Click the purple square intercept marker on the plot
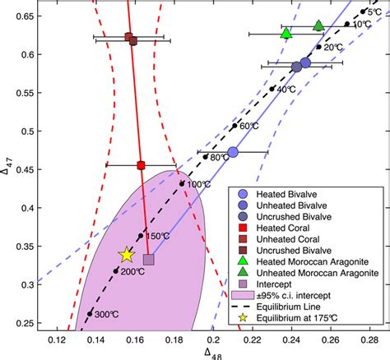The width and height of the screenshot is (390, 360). pos(149,260)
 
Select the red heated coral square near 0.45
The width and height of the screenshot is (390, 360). pos(141,165)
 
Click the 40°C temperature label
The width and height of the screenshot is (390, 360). pos(286,89)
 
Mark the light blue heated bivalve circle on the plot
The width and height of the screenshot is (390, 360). pos(233,152)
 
